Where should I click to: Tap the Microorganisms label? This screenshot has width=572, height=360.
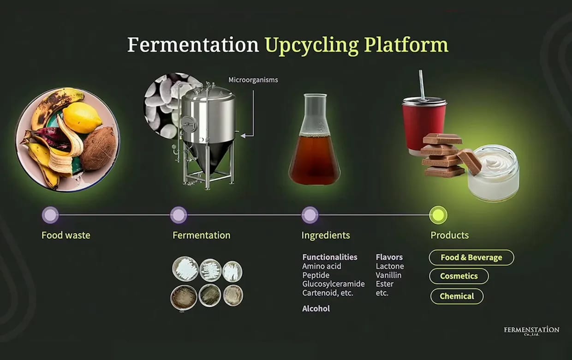point(253,80)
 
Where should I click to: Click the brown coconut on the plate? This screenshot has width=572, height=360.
point(100,149)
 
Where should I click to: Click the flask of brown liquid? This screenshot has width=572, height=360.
point(314,139)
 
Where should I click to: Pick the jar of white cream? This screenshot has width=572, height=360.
point(494,172)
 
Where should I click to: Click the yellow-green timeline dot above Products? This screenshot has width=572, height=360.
point(438,215)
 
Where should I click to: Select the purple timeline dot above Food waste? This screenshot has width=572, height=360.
point(50,215)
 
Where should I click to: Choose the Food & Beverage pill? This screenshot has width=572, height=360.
point(471,257)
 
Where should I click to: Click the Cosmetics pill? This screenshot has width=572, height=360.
point(459,276)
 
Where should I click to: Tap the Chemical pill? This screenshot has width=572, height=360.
point(457,296)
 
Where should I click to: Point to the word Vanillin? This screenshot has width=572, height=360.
point(388,275)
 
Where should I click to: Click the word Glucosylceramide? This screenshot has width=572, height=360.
point(334,284)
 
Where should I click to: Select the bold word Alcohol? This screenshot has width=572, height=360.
point(316,309)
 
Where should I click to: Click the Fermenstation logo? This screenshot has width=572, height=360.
point(532,331)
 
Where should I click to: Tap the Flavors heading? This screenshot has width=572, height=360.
point(389,257)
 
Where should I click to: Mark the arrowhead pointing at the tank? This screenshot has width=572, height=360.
point(243,136)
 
